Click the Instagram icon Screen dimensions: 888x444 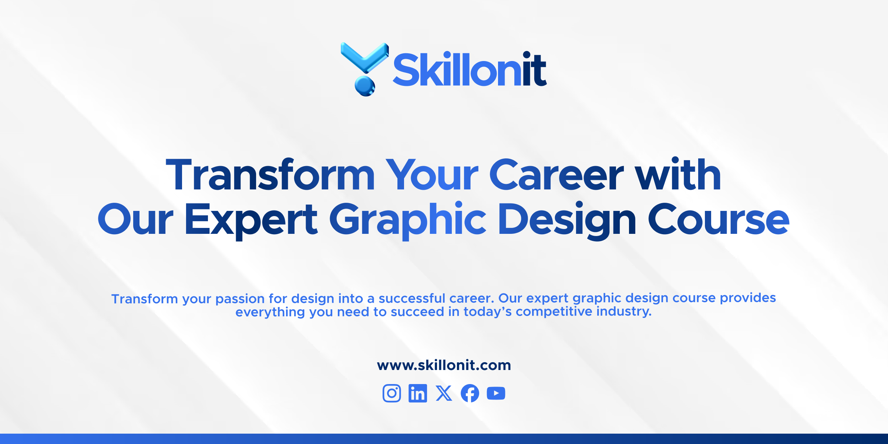pyautogui.click(x=392, y=393)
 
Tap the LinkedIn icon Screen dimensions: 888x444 pyautogui.click(x=418, y=393)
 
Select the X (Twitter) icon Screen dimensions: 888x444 pyautogui.click(x=444, y=393)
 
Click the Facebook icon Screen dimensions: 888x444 pyautogui.click(x=470, y=393)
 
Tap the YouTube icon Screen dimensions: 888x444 pyautogui.click(x=496, y=393)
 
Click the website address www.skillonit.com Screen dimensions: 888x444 pyautogui.click(x=444, y=365)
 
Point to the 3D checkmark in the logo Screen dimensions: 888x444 pyautogui.click(x=364, y=57)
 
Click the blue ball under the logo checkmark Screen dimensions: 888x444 pyautogui.click(x=365, y=86)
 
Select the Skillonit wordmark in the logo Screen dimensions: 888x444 pyautogui.click(x=470, y=69)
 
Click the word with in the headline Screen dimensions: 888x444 pyautogui.click(x=678, y=174)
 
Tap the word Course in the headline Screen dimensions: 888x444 pyautogui.click(x=719, y=219)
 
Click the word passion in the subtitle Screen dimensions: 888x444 pyautogui.click(x=240, y=299)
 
